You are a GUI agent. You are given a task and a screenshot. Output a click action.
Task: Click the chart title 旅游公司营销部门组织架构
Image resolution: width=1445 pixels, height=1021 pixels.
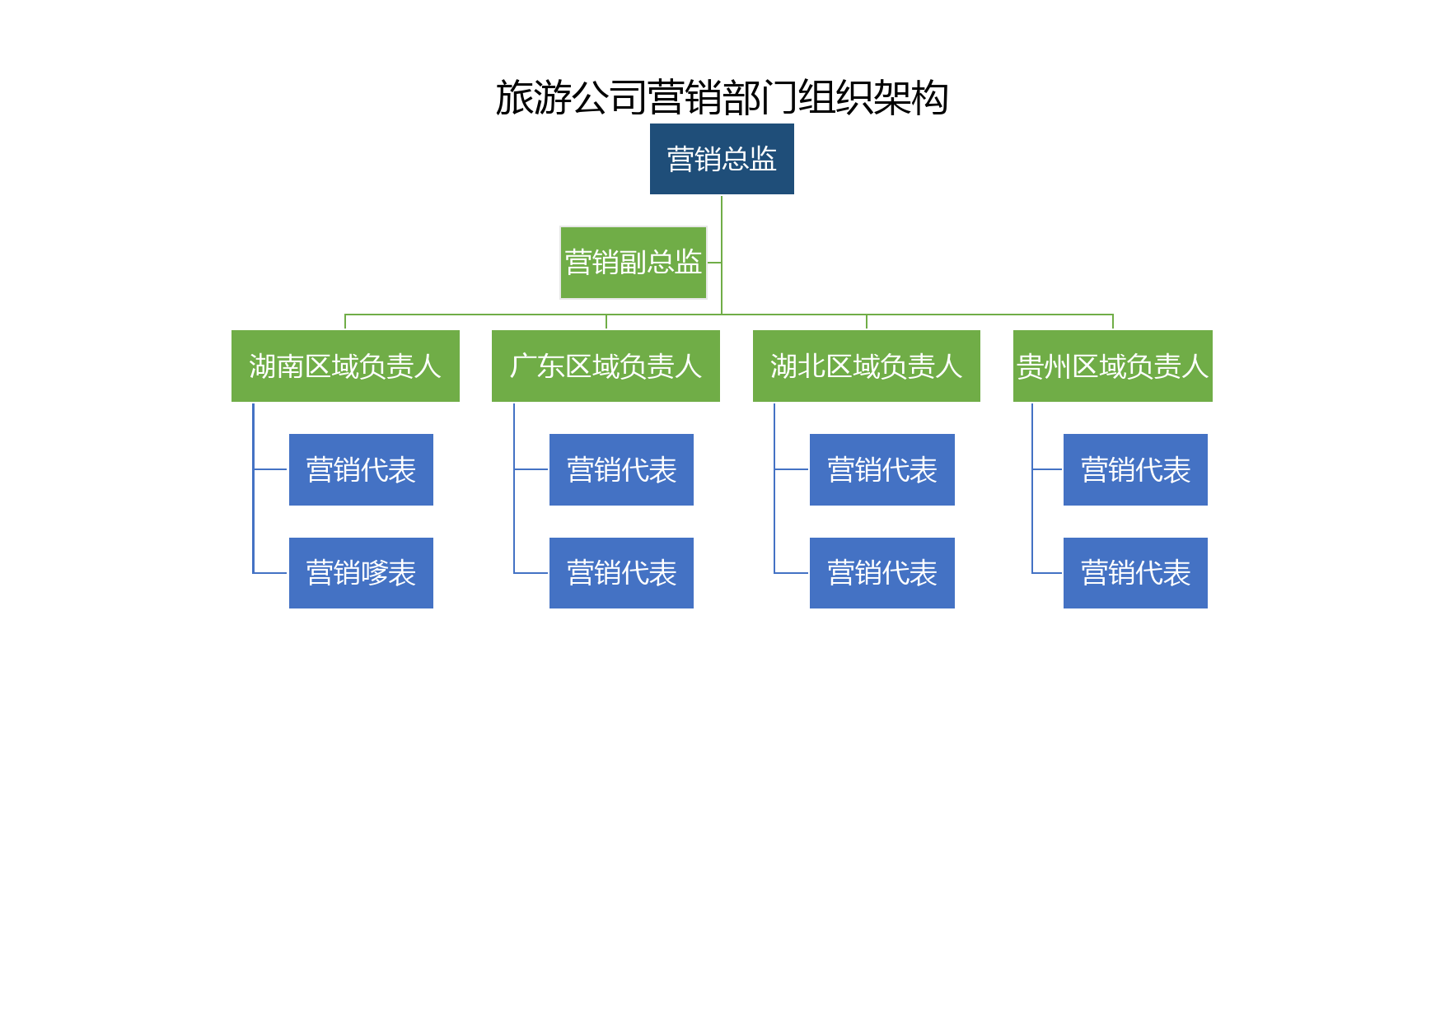pyautogui.click(x=722, y=98)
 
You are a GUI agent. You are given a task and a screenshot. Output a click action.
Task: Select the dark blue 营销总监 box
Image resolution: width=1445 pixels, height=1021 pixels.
pyautogui.click(x=722, y=159)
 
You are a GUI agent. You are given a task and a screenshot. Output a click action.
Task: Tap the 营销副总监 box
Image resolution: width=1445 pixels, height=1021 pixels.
pyautogui.click(x=634, y=263)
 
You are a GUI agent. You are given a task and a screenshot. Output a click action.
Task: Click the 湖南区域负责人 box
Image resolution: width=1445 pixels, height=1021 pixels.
pyautogui.click(x=345, y=366)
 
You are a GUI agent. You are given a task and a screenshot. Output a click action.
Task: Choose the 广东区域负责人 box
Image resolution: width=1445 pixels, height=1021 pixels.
pyautogui.click(x=606, y=366)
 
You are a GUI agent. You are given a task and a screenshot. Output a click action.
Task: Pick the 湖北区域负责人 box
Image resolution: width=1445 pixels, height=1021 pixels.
pyautogui.click(x=867, y=366)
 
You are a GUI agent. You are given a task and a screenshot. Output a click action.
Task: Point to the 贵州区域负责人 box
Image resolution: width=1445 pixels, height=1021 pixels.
pyautogui.click(x=1113, y=366)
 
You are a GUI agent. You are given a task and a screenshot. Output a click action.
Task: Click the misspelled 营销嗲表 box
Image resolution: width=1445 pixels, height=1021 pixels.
pyautogui.click(x=361, y=573)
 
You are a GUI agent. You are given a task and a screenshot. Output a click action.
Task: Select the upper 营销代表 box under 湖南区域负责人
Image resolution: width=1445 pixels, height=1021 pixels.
pyautogui.click(x=361, y=469)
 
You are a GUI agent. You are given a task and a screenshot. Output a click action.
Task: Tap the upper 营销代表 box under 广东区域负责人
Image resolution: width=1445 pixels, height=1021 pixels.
pyautogui.click(x=621, y=469)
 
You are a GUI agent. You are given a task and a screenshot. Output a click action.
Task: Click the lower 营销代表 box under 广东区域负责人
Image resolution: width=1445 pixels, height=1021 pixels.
pyautogui.click(x=621, y=573)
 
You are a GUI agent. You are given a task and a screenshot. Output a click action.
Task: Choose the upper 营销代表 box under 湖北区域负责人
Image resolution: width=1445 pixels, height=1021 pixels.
pyautogui.click(x=882, y=469)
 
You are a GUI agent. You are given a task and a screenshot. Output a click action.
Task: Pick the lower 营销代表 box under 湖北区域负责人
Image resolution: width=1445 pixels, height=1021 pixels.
pyautogui.click(x=882, y=573)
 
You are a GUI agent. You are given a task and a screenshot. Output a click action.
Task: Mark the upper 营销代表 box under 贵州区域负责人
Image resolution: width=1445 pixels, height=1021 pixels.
pyautogui.click(x=1135, y=469)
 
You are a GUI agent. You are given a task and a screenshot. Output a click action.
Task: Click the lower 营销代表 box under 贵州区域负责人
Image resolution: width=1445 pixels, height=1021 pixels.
pyautogui.click(x=1135, y=573)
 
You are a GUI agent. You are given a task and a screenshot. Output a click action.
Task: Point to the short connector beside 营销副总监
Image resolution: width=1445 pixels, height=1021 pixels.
pyautogui.click(x=714, y=263)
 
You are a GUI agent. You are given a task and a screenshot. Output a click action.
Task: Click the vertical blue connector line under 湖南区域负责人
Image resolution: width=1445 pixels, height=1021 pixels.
pyautogui.click(x=253, y=487)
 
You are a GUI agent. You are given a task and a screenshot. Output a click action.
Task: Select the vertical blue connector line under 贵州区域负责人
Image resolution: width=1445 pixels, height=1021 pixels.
pyautogui.click(x=1032, y=487)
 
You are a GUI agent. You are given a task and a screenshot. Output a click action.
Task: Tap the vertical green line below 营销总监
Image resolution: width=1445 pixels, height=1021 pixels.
pyautogui.click(x=722, y=254)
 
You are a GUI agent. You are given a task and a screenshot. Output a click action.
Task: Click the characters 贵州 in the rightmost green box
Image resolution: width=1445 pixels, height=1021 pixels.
pyautogui.click(x=1044, y=366)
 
